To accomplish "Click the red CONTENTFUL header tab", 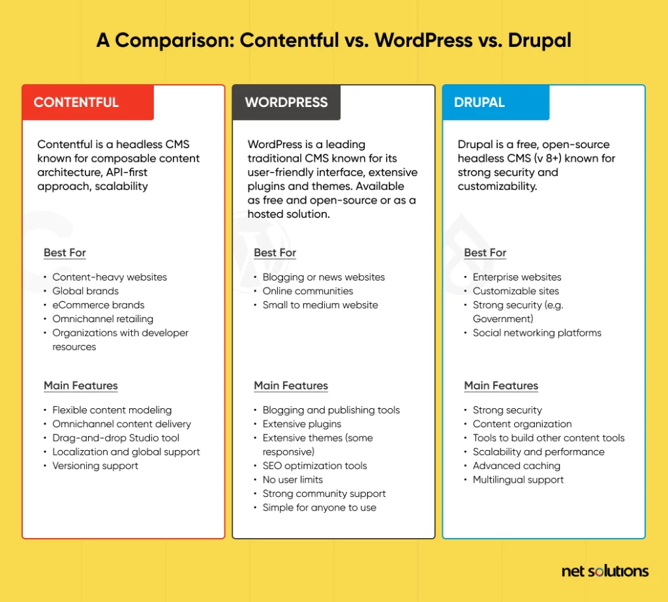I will pos(87,102).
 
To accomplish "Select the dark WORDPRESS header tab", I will pos(286,102).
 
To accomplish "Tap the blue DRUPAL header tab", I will pos(495,102).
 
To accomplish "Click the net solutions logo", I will pos(605,571).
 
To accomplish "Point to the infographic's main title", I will pos(333,40).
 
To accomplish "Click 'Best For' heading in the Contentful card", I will pos(65,252).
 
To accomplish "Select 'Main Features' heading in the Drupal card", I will pos(501,385).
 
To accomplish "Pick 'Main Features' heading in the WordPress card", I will pos(291,385).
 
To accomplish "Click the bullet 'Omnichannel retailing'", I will pos(102,319).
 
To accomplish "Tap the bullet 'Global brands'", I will pos(85,291).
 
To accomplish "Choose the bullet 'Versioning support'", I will pos(95,466).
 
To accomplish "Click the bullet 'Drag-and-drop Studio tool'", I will pos(115,438).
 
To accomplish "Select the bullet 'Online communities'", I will pos(307,291).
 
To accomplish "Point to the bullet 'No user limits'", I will pos(292,479).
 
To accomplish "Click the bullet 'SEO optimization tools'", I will pos(314,466).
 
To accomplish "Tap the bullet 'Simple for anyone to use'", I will pos(319,507).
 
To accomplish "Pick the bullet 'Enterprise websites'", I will pos(517,277).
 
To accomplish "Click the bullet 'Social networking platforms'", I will pos(537,333).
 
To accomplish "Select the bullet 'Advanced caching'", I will pos(516,466).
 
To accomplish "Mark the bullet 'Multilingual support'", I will pos(518,479).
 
